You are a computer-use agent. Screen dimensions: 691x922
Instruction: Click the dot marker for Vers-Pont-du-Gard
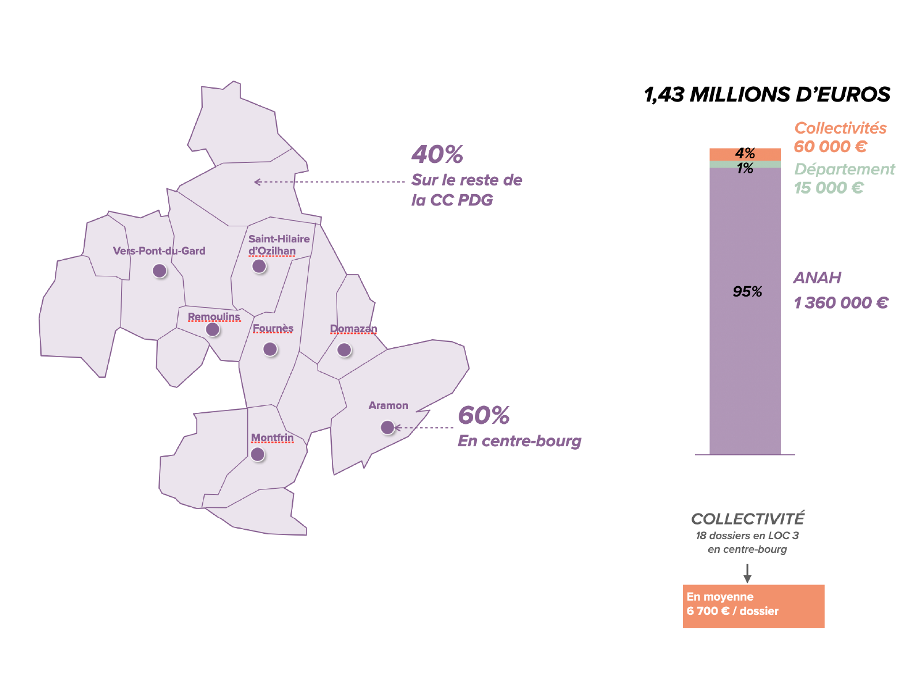(160, 271)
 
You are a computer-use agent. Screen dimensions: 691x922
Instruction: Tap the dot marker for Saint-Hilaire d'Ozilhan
(259, 266)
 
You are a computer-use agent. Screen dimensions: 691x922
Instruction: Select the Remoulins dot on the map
(213, 329)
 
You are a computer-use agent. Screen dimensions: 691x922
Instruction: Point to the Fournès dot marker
(270, 349)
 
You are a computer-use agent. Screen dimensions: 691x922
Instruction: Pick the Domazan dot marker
(344, 350)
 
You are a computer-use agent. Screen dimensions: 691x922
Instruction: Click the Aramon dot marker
(387, 427)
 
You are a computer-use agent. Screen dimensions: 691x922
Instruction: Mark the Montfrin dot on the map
(258, 454)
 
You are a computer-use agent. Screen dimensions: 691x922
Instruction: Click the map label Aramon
(388, 405)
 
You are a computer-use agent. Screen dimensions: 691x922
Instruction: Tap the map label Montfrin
(272, 438)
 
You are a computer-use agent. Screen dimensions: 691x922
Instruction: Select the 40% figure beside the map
(437, 154)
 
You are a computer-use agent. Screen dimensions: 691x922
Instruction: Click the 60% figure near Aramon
(483, 415)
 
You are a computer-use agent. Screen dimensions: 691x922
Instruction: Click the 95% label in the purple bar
(747, 292)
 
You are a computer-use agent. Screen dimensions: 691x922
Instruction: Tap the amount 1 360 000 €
(841, 302)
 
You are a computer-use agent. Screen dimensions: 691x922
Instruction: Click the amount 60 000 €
(830, 146)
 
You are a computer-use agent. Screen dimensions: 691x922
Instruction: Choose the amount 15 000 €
(828, 188)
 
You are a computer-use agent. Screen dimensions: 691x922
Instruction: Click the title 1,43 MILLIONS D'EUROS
(767, 94)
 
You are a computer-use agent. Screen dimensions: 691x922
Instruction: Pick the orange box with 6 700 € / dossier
(753, 606)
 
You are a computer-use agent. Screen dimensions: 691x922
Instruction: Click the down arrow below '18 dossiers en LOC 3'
(747, 574)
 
